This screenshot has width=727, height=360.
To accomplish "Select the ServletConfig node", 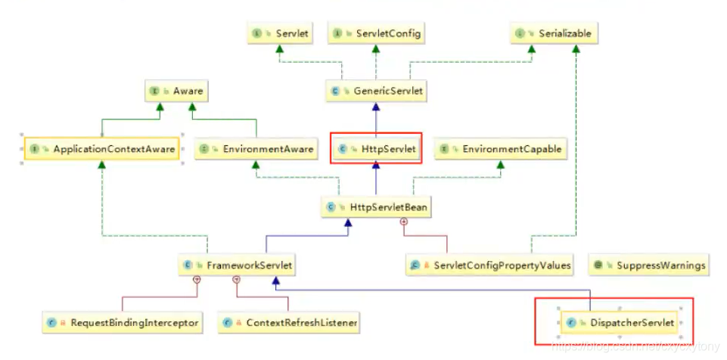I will coord(375,34).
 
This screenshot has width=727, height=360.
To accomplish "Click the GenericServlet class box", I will coord(374,92).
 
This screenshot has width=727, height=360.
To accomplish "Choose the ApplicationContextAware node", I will coord(102,150).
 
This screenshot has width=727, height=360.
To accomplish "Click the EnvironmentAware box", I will coord(255,150).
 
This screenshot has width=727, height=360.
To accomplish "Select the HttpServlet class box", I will coord(376,150).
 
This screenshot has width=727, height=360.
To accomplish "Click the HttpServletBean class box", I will coord(376,206).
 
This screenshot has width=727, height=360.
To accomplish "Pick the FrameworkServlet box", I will coord(238,265).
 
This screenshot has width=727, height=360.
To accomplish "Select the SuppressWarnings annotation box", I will coord(650,265).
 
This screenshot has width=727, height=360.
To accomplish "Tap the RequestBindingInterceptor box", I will coord(122,324).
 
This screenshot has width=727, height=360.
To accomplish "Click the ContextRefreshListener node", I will coord(289,324).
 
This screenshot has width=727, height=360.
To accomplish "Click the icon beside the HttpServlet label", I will coord(343,150).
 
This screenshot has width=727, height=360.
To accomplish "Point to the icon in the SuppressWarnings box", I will coord(598,265).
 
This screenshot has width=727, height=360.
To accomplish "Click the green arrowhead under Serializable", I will coord(577,49).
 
